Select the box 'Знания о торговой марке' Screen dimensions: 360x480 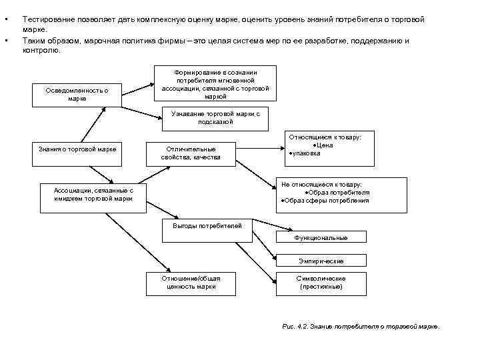pos(78,149)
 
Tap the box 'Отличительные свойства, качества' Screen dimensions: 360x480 pos(190,153)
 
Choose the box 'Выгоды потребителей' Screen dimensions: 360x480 pos(207,226)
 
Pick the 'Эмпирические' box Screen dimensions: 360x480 pos(321,261)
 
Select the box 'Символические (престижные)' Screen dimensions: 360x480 pos(321,283)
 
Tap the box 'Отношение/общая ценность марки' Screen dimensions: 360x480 pos(190,283)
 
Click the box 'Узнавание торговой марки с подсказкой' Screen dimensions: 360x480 pos(215,118)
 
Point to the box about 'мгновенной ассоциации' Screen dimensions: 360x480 pos(215,83)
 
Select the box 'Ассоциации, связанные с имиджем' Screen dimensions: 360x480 pos(93,194)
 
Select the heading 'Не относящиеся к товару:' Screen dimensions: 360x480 pos(321,184)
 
